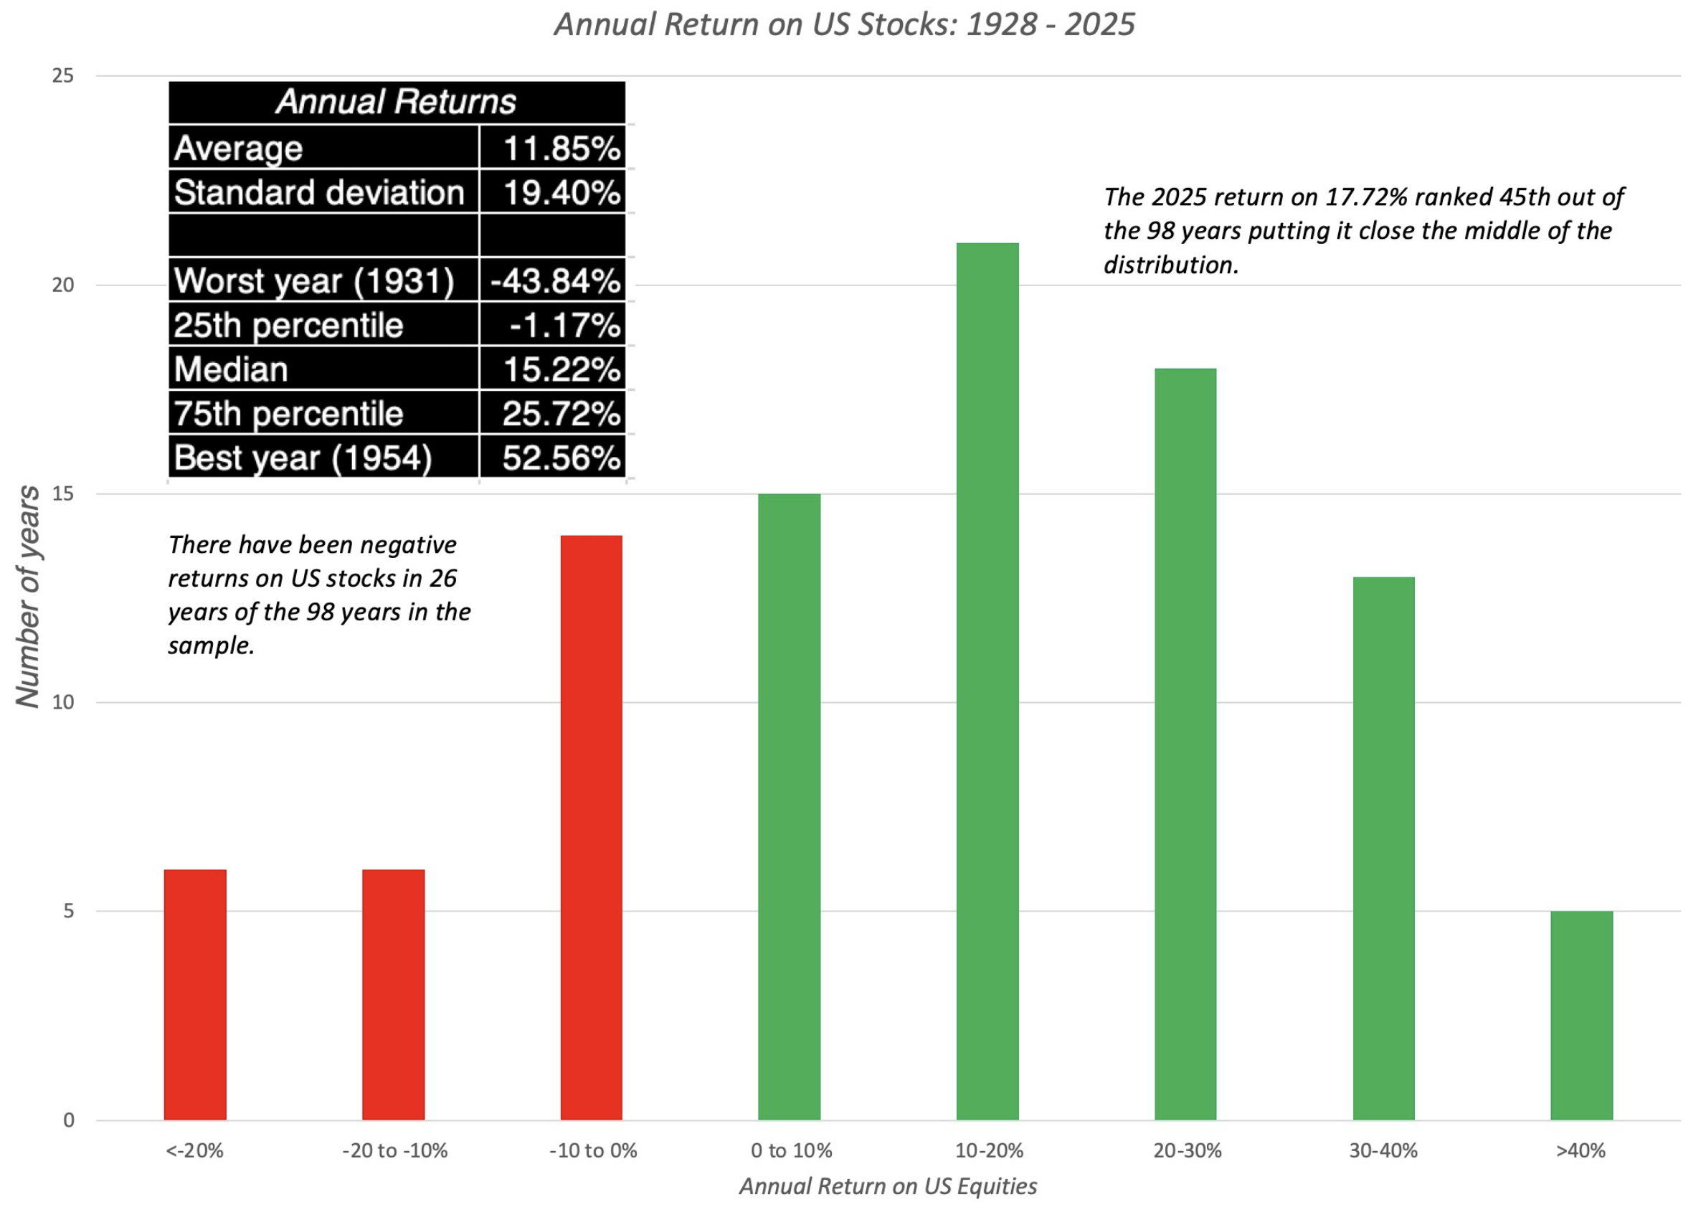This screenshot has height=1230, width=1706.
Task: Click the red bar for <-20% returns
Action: [195, 995]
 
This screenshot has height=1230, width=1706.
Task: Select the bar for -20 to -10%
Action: [394, 995]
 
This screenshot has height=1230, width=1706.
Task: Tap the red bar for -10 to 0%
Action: [591, 828]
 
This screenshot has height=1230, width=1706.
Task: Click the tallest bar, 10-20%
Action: [987, 681]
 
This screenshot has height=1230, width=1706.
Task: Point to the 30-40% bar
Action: [1383, 848]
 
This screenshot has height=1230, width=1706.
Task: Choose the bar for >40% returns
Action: [1582, 1016]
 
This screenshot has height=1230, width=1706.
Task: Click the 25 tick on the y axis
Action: [63, 76]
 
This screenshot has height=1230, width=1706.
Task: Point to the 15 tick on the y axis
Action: [63, 494]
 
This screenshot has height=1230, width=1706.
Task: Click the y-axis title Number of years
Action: [29, 597]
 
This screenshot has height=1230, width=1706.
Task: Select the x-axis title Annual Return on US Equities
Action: [888, 1186]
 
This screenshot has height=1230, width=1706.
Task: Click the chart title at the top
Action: [844, 25]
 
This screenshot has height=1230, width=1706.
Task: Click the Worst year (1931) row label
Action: [313, 281]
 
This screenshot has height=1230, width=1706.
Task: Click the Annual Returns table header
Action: [397, 102]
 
